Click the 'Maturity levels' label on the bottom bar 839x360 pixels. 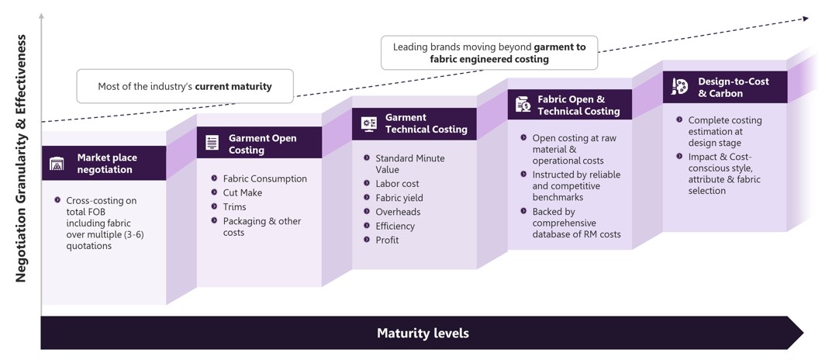click(x=423, y=334)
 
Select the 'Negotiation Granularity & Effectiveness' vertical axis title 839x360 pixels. click(x=21, y=158)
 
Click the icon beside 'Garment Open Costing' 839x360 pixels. click(x=212, y=143)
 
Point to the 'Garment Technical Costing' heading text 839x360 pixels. click(x=426, y=123)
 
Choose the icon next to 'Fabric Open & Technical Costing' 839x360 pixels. click(x=523, y=104)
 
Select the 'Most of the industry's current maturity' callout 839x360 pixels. click(x=185, y=86)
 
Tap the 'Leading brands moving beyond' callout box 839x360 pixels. click(x=489, y=53)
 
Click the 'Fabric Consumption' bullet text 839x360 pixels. click(x=264, y=178)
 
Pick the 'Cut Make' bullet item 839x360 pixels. click(x=242, y=192)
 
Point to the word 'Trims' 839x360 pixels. click(x=234, y=207)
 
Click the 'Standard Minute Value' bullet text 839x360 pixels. click(x=409, y=164)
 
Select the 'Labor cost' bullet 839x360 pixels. click(x=397, y=184)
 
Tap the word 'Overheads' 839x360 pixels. click(x=398, y=212)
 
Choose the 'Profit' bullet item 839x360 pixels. click(x=387, y=241)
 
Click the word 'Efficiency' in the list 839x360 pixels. click(x=395, y=227)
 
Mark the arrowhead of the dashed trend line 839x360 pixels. click(x=804, y=19)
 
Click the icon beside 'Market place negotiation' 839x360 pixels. click(x=57, y=164)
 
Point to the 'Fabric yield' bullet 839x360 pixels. click(x=399, y=198)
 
